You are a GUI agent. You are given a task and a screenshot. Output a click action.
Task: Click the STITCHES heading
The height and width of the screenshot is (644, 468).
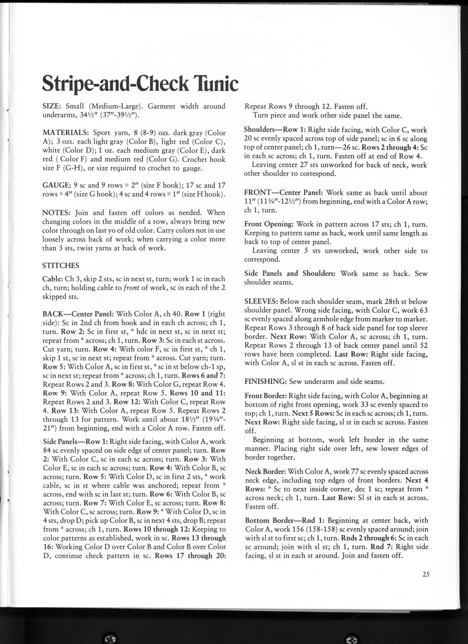(60, 266)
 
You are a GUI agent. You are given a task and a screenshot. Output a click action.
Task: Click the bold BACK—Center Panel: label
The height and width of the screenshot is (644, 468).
(79, 314)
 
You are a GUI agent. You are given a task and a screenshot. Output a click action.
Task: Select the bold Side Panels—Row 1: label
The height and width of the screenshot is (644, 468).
(75, 442)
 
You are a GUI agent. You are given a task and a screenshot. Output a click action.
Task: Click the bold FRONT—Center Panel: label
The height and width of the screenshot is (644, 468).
(280, 193)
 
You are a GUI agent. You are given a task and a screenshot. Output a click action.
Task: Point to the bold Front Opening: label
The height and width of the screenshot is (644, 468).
(270, 224)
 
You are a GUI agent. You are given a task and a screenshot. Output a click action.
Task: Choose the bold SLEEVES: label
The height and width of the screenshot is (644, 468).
(261, 302)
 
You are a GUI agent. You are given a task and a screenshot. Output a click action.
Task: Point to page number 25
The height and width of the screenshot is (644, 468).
(426, 575)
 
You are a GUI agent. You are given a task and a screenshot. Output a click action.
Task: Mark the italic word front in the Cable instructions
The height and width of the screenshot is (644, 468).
(130, 287)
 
